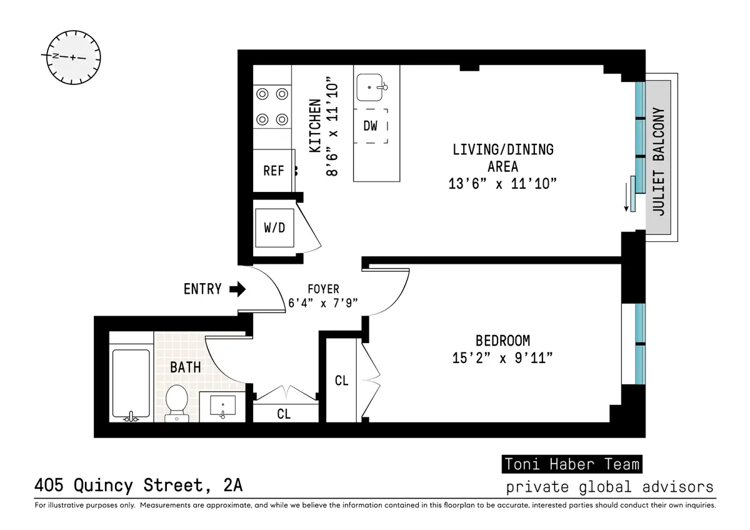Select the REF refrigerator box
274,171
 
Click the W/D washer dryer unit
274,227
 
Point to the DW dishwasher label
371,126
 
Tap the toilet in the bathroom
177,402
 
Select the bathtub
131,384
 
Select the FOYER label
323,289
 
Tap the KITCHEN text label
316,126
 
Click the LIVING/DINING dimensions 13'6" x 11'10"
502,184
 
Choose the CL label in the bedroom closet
341,381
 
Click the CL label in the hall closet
283,414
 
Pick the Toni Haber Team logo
572,464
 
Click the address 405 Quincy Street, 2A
138,485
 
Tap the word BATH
186,367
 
